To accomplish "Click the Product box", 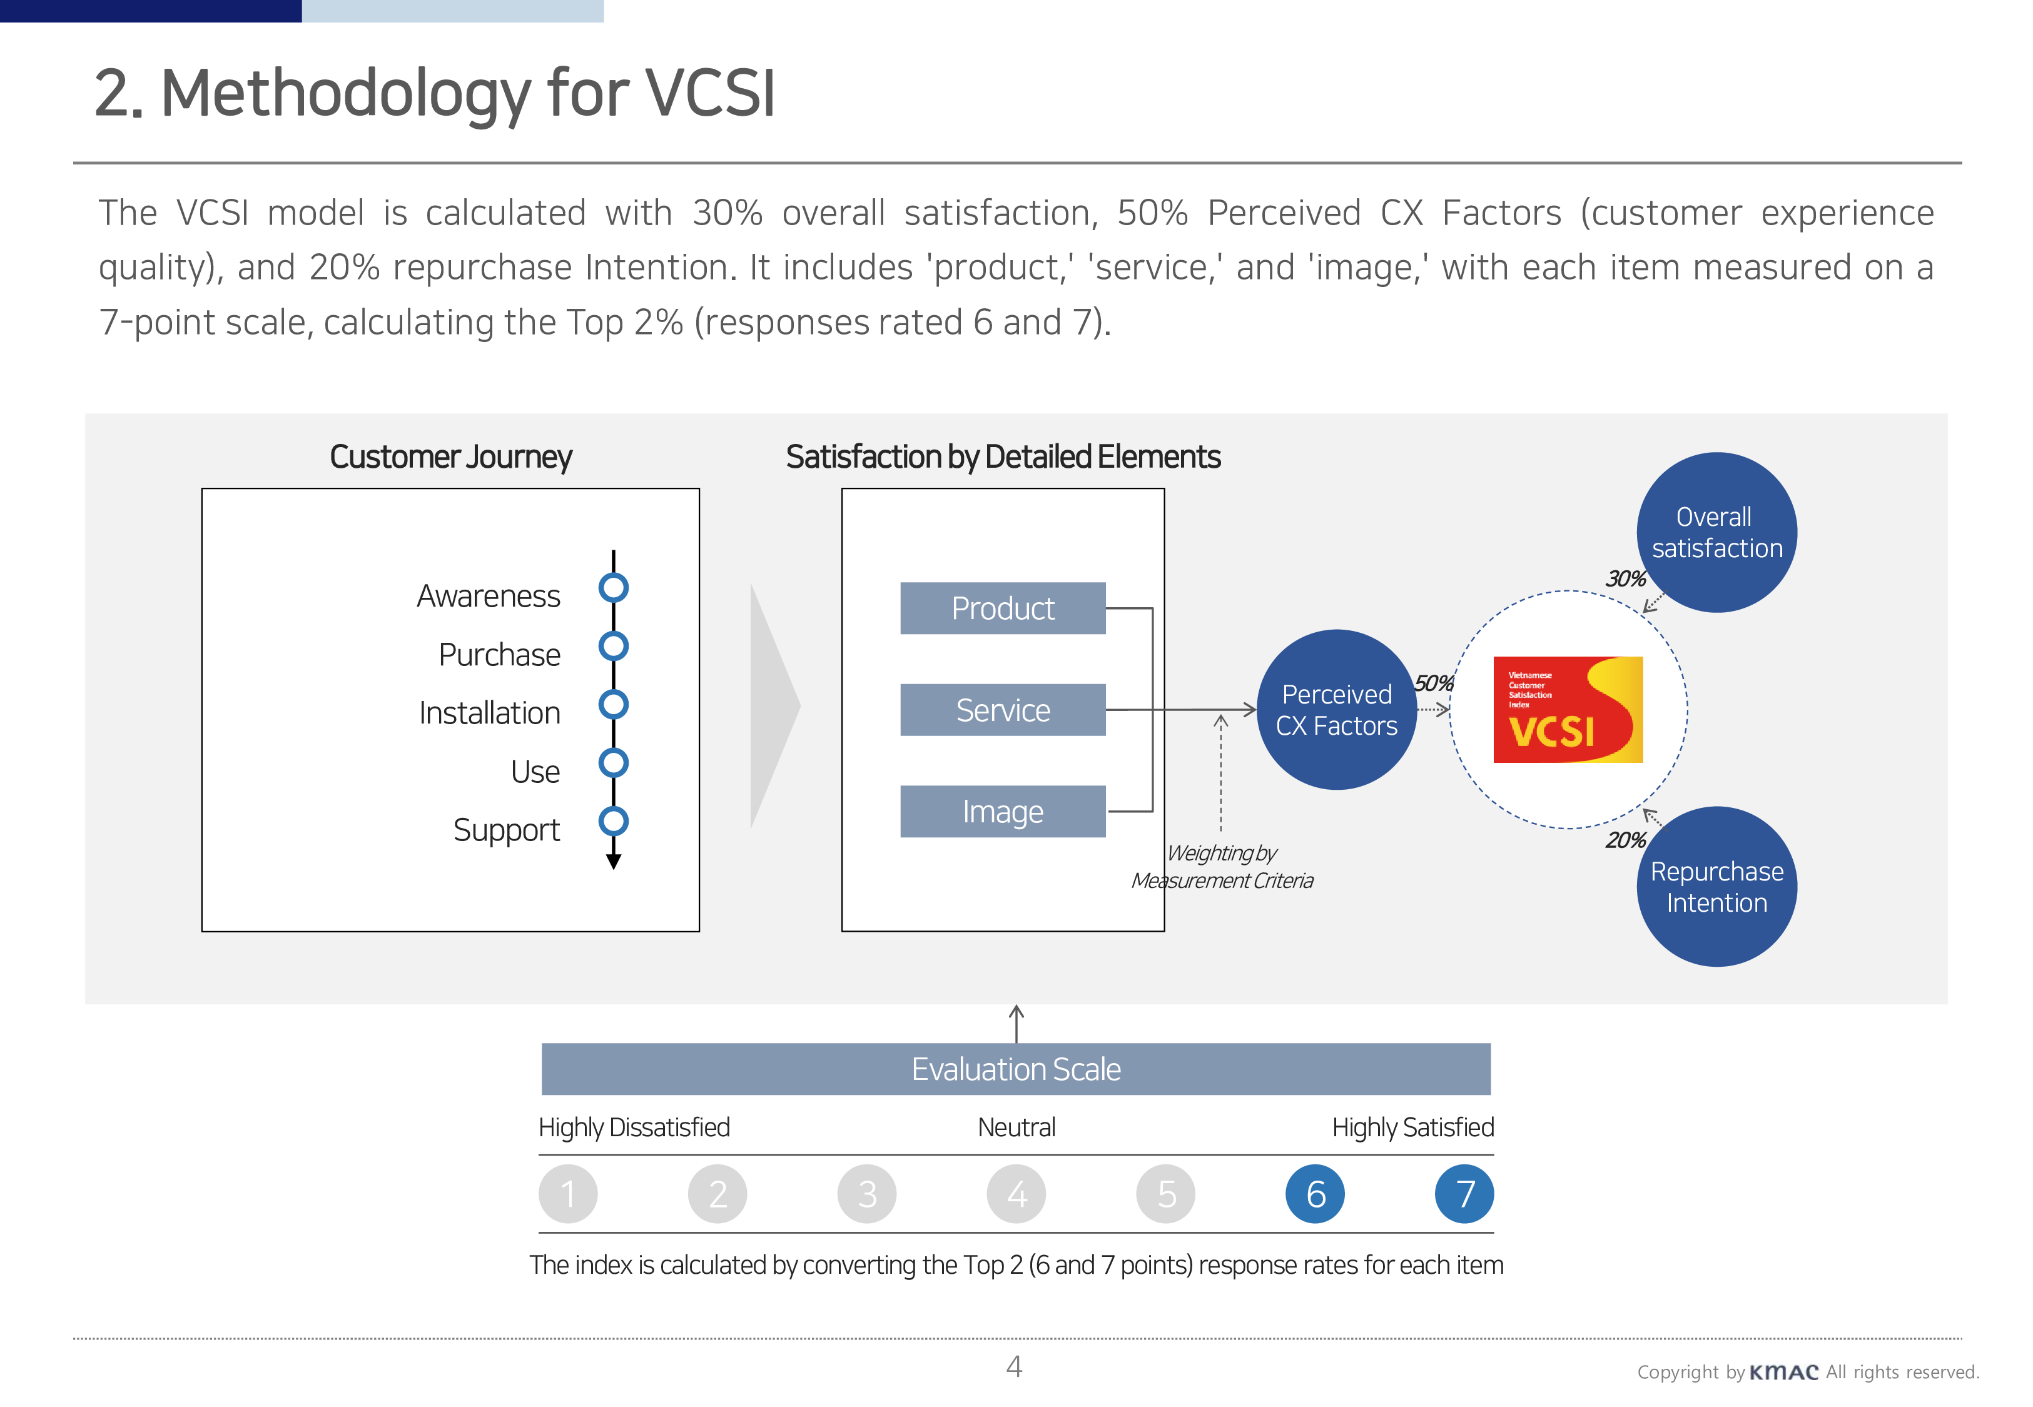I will pyautogui.click(x=1002, y=608).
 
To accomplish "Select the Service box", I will pyautogui.click(x=1002, y=710).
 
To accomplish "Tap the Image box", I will pyautogui.click(x=1002, y=811).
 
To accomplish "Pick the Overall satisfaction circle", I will pyautogui.click(x=1716, y=533).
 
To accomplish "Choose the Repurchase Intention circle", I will pyautogui.click(x=1716, y=886).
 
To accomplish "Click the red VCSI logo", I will pyautogui.click(x=1568, y=710).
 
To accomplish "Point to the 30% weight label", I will pyautogui.click(x=1625, y=579).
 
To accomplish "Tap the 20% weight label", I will pyautogui.click(x=1625, y=840).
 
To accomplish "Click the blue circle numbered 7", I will pyautogui.click(x=1464, y=1194).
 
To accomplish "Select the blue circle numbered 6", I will pyautogui.click(x=1314, y=1194).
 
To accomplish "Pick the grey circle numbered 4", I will pyautogui.click(x=1016, y=1194).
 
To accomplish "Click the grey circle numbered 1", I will pyautogui.click(x=568, y=1194).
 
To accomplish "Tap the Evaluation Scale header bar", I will pyautogui.click(x=1016, y=1069).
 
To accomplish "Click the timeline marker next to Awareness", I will pyautogui.click(x=614, y=588).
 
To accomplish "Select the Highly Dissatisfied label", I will pyautogui.click(x=634, y=1127).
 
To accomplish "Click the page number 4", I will pyautogui.click(x=1014, y=1366).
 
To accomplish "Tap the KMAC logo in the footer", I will pyautogui.click(x=1783, y=1373).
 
